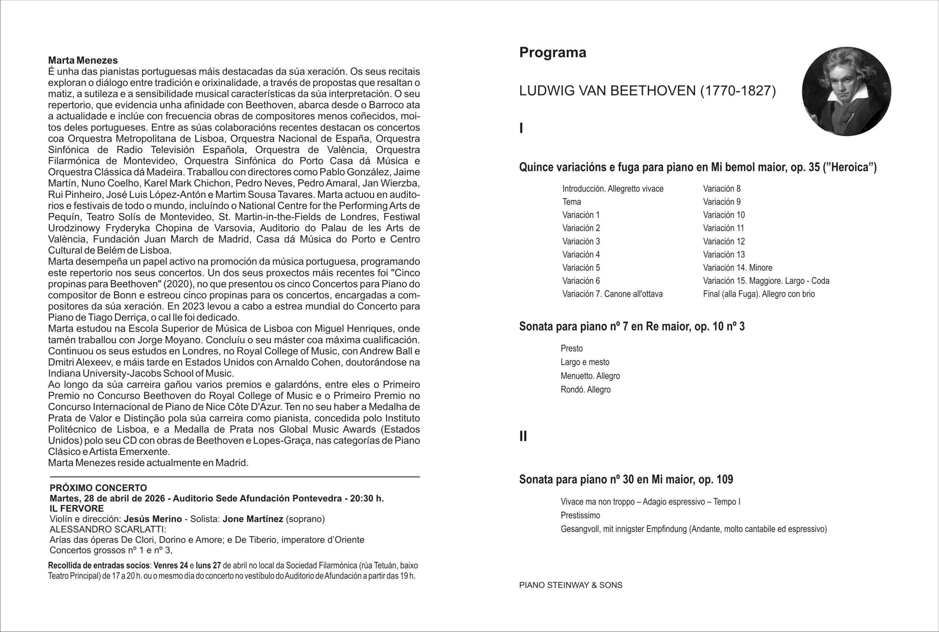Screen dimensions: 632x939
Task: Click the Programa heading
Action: coord(552,53)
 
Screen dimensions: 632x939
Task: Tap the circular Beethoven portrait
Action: coord(846,91)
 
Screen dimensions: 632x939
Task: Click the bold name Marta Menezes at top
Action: coord(83,61)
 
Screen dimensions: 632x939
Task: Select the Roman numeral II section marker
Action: coord(523,436)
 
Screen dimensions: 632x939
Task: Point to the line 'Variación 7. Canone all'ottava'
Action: coord(612,294)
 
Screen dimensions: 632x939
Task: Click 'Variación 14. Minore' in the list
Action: coord(738,268)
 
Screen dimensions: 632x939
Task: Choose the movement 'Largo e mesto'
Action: coord(585,362)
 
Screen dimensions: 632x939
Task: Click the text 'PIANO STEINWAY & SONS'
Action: coord(571,585)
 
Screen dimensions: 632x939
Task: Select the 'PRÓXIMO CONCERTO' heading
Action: coord(98,488)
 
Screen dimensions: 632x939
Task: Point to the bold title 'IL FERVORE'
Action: coord(77,509)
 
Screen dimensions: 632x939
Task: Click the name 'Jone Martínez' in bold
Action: coord(253,519)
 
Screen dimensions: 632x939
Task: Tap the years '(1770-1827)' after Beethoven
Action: coord(738,91)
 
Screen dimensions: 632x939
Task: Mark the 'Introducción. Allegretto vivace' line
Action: coord(613,189)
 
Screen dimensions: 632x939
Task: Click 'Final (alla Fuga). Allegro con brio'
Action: coord(759,294)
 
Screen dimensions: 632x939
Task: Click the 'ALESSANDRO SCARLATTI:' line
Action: coord(107,529)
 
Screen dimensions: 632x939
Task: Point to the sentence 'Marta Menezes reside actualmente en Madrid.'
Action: coord(148,463)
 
